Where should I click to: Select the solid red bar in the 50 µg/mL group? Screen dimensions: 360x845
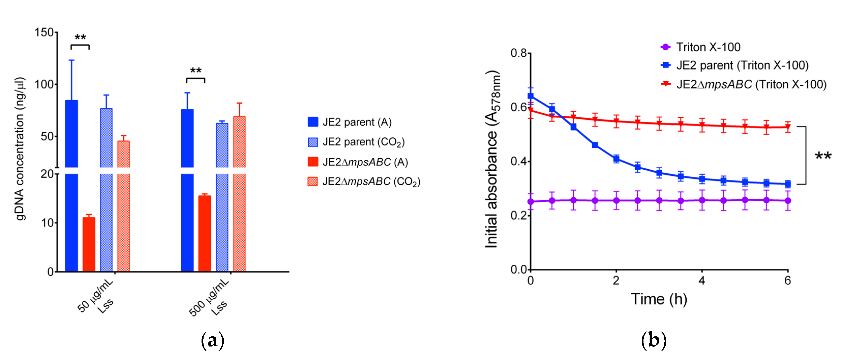pos(89,244)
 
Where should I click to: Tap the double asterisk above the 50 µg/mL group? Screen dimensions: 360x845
pos(80,38)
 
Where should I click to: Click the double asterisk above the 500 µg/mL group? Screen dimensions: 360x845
pos(196,71)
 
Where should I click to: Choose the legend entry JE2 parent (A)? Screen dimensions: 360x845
pos(350,122)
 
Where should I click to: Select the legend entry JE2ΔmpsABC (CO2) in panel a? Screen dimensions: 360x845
pos(364,182)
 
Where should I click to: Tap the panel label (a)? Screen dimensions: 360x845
pos(212,341)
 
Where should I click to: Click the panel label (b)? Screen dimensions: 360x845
pos(653,341)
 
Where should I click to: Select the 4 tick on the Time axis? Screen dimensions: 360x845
pos(702,281)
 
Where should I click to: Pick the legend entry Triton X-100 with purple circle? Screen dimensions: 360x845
pos(701,47)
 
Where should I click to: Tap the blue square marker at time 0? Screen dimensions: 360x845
pos(531,96)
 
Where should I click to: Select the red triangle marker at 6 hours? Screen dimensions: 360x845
pos(787,127)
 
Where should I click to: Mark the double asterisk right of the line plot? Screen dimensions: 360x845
pos(823,156)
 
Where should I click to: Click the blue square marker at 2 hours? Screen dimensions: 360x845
pos(616,159)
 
